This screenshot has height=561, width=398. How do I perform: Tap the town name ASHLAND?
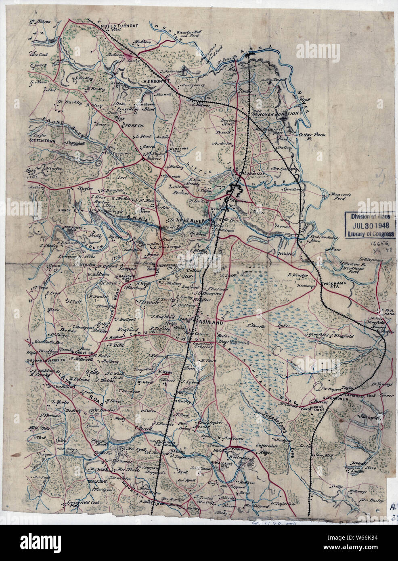point(209,323)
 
